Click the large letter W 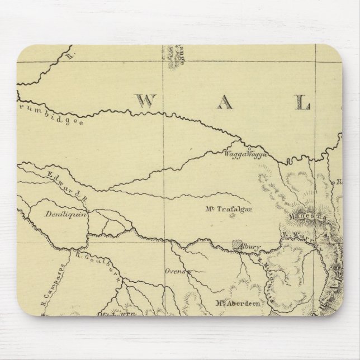tap(145, 100)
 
